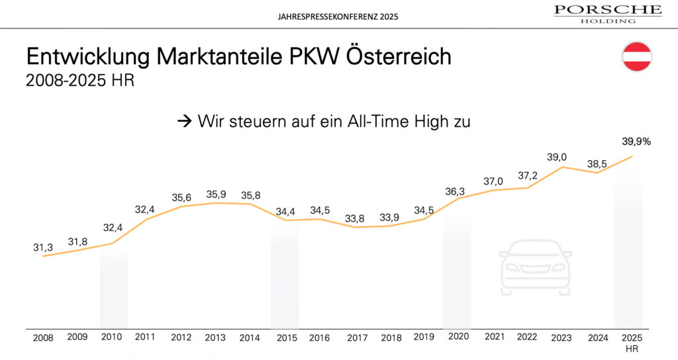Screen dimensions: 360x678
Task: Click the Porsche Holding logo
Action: [x=607, y=13]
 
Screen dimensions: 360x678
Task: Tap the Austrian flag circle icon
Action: [x=637, y=56]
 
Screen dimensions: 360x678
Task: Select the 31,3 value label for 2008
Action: [x=44, y=247]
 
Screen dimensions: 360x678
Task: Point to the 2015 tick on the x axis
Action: [x=287, y=337]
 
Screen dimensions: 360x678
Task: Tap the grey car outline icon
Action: [x=536, y=267]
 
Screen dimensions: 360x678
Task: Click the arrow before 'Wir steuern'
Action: [x=183, y=121]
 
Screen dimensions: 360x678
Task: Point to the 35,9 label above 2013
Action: [x=215, y=195]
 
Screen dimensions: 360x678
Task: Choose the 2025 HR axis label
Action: [x=632, y=341]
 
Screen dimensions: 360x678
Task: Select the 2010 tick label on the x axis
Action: [x=112, y=337]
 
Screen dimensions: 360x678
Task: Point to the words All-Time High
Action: [x=399, y=121]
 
